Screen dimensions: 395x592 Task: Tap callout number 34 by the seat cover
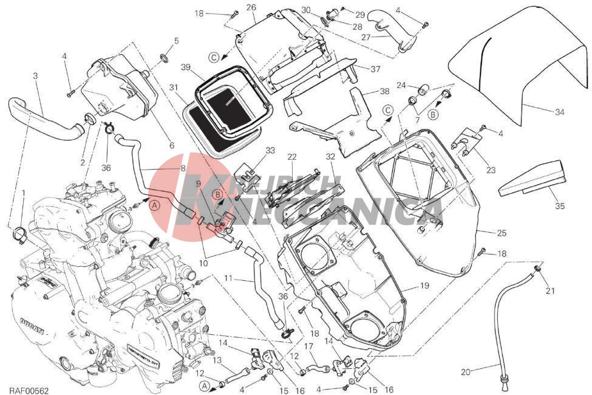[x=559, y=111]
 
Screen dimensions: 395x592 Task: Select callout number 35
[x=559, y=206]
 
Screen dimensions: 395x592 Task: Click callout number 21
[x=549, y=291]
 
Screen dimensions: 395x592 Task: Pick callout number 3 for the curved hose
[x=35, y=75]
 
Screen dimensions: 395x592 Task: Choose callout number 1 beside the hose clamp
[x=23, y=193]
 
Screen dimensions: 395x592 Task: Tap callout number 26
[x=251, y=7]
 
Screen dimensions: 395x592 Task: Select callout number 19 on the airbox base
[x=423, y=285]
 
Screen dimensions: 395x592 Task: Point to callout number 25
[x=501, y=233]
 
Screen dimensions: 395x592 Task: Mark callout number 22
[x=292, y=157]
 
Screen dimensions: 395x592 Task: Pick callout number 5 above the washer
[x=176, y=41]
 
